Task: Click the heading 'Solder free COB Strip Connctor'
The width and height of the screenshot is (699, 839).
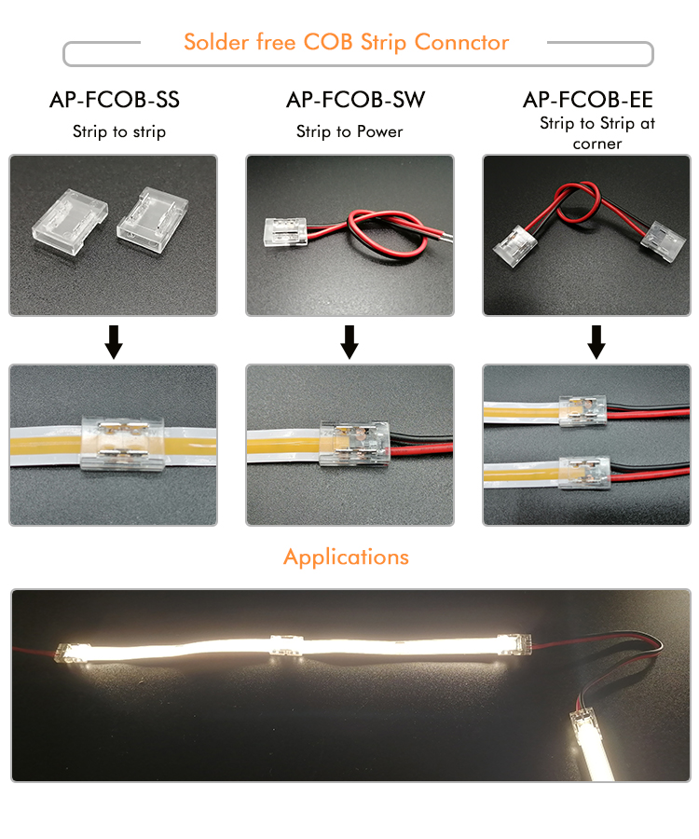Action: point(347,43)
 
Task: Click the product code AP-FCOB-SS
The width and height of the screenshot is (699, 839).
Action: point(115,101)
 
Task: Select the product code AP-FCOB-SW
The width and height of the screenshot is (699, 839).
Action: point(350,101)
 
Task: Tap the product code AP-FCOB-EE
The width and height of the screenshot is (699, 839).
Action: point(588,101)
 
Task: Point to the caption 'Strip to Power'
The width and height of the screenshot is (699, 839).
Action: point(349,131)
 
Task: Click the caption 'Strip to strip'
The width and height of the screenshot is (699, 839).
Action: point(119,131)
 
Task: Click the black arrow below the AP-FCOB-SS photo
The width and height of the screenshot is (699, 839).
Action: point(114,342)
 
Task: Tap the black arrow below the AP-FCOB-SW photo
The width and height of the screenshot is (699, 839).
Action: point(349,342)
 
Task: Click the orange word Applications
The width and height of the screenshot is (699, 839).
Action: point(346,557)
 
